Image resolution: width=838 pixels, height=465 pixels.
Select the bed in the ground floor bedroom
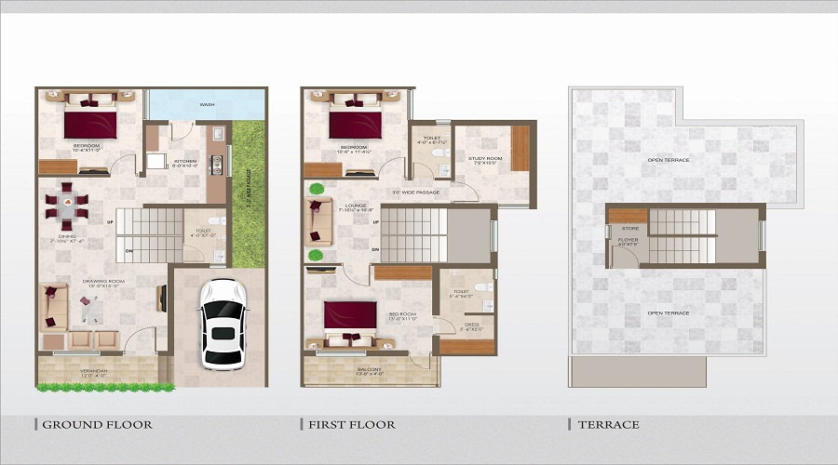tap(89, 120)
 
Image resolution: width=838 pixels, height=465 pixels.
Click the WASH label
tap(207, 105)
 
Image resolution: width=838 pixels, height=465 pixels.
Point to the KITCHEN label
tap(185, 161)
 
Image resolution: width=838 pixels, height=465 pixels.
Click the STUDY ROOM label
tap(485, 159)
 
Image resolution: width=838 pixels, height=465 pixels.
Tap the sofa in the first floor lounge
tap(318, 220)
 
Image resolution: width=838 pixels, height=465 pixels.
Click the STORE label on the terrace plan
tap(629, 228)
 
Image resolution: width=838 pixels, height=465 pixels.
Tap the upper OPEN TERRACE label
tap(668, 160)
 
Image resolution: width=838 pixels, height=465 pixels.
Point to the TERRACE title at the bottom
tap(609, 425)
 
